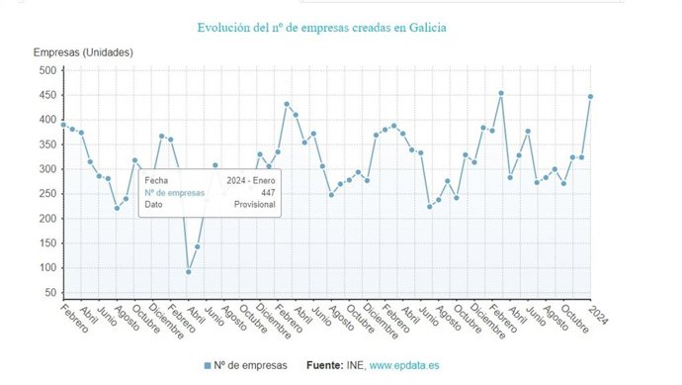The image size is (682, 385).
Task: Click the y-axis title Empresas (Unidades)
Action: coord(83,52)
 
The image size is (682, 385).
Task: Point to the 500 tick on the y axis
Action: coord(46,70)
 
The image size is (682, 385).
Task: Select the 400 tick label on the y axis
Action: coord(46,120)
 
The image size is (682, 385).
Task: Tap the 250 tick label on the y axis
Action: coord(46,194)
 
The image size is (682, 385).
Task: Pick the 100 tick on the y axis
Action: coord(46,268)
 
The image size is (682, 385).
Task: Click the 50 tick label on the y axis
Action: coord(49,293)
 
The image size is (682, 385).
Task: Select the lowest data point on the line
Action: coord(188,271)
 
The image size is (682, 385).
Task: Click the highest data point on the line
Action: coord(501,93)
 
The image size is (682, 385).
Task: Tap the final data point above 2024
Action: coord(590,97)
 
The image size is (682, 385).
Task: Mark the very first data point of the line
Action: coord(63,125)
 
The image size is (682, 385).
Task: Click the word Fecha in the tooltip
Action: coord(156,180)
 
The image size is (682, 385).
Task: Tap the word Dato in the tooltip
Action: coord(154,205)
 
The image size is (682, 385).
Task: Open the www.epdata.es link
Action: coord(404,365)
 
